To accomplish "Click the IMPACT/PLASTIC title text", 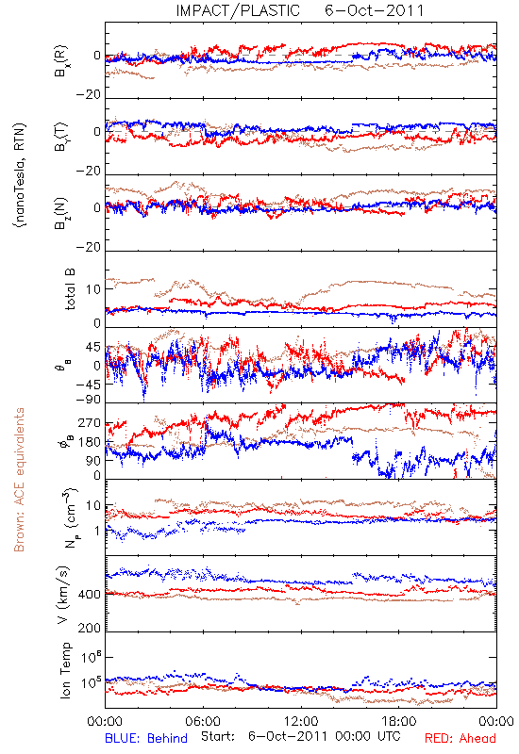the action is click(x=238, y=10).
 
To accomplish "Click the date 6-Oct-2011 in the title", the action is click(x=374, y=10).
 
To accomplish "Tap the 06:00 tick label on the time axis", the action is click(x=203, y=721).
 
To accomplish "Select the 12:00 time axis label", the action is click(x=301, y=721).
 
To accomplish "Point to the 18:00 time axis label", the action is click(x=399, y=721).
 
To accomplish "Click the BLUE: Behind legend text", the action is click(x=146, y=738).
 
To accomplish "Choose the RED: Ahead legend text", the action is click(x=460, y=738).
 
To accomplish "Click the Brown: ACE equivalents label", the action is click(x=19, y=480).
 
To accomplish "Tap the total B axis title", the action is click(x=69, y=289).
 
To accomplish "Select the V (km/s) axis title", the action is click(x=63, y=595).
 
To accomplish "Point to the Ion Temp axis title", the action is click(x=65, y=670).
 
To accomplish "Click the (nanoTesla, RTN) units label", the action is click(x=20, y=175).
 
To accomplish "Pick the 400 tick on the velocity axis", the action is click(x=90, y=595).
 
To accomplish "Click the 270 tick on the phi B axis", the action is click(x=90, y=423).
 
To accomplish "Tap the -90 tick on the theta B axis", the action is click(x=89, y=400).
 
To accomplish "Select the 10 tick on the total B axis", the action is click(x=93, y=289).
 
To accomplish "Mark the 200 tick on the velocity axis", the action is click(x=90, y=628).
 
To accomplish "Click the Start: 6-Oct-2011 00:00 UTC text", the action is click(x=301, y=737).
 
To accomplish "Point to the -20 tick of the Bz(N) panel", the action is click(x=89, y=248).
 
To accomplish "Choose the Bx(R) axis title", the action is click(x=61, y=61).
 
